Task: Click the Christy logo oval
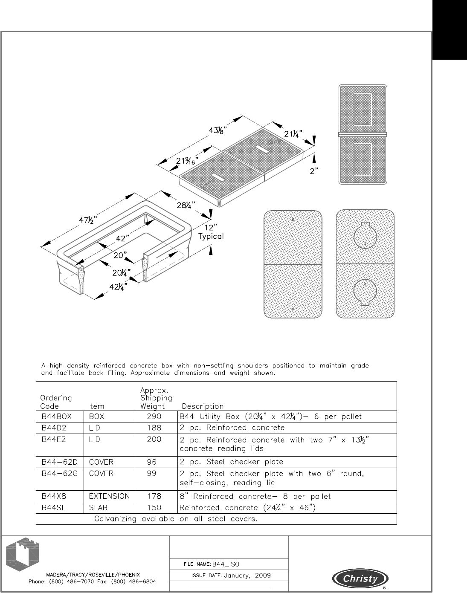(360, 579)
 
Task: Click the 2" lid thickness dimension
(314, 171)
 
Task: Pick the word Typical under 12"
(211, 236)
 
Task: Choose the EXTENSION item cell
(109, 496)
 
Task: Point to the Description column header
(203, 406)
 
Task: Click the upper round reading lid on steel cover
(365, 234)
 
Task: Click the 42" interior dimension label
(122, 239)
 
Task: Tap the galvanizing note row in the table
(175, 519)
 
